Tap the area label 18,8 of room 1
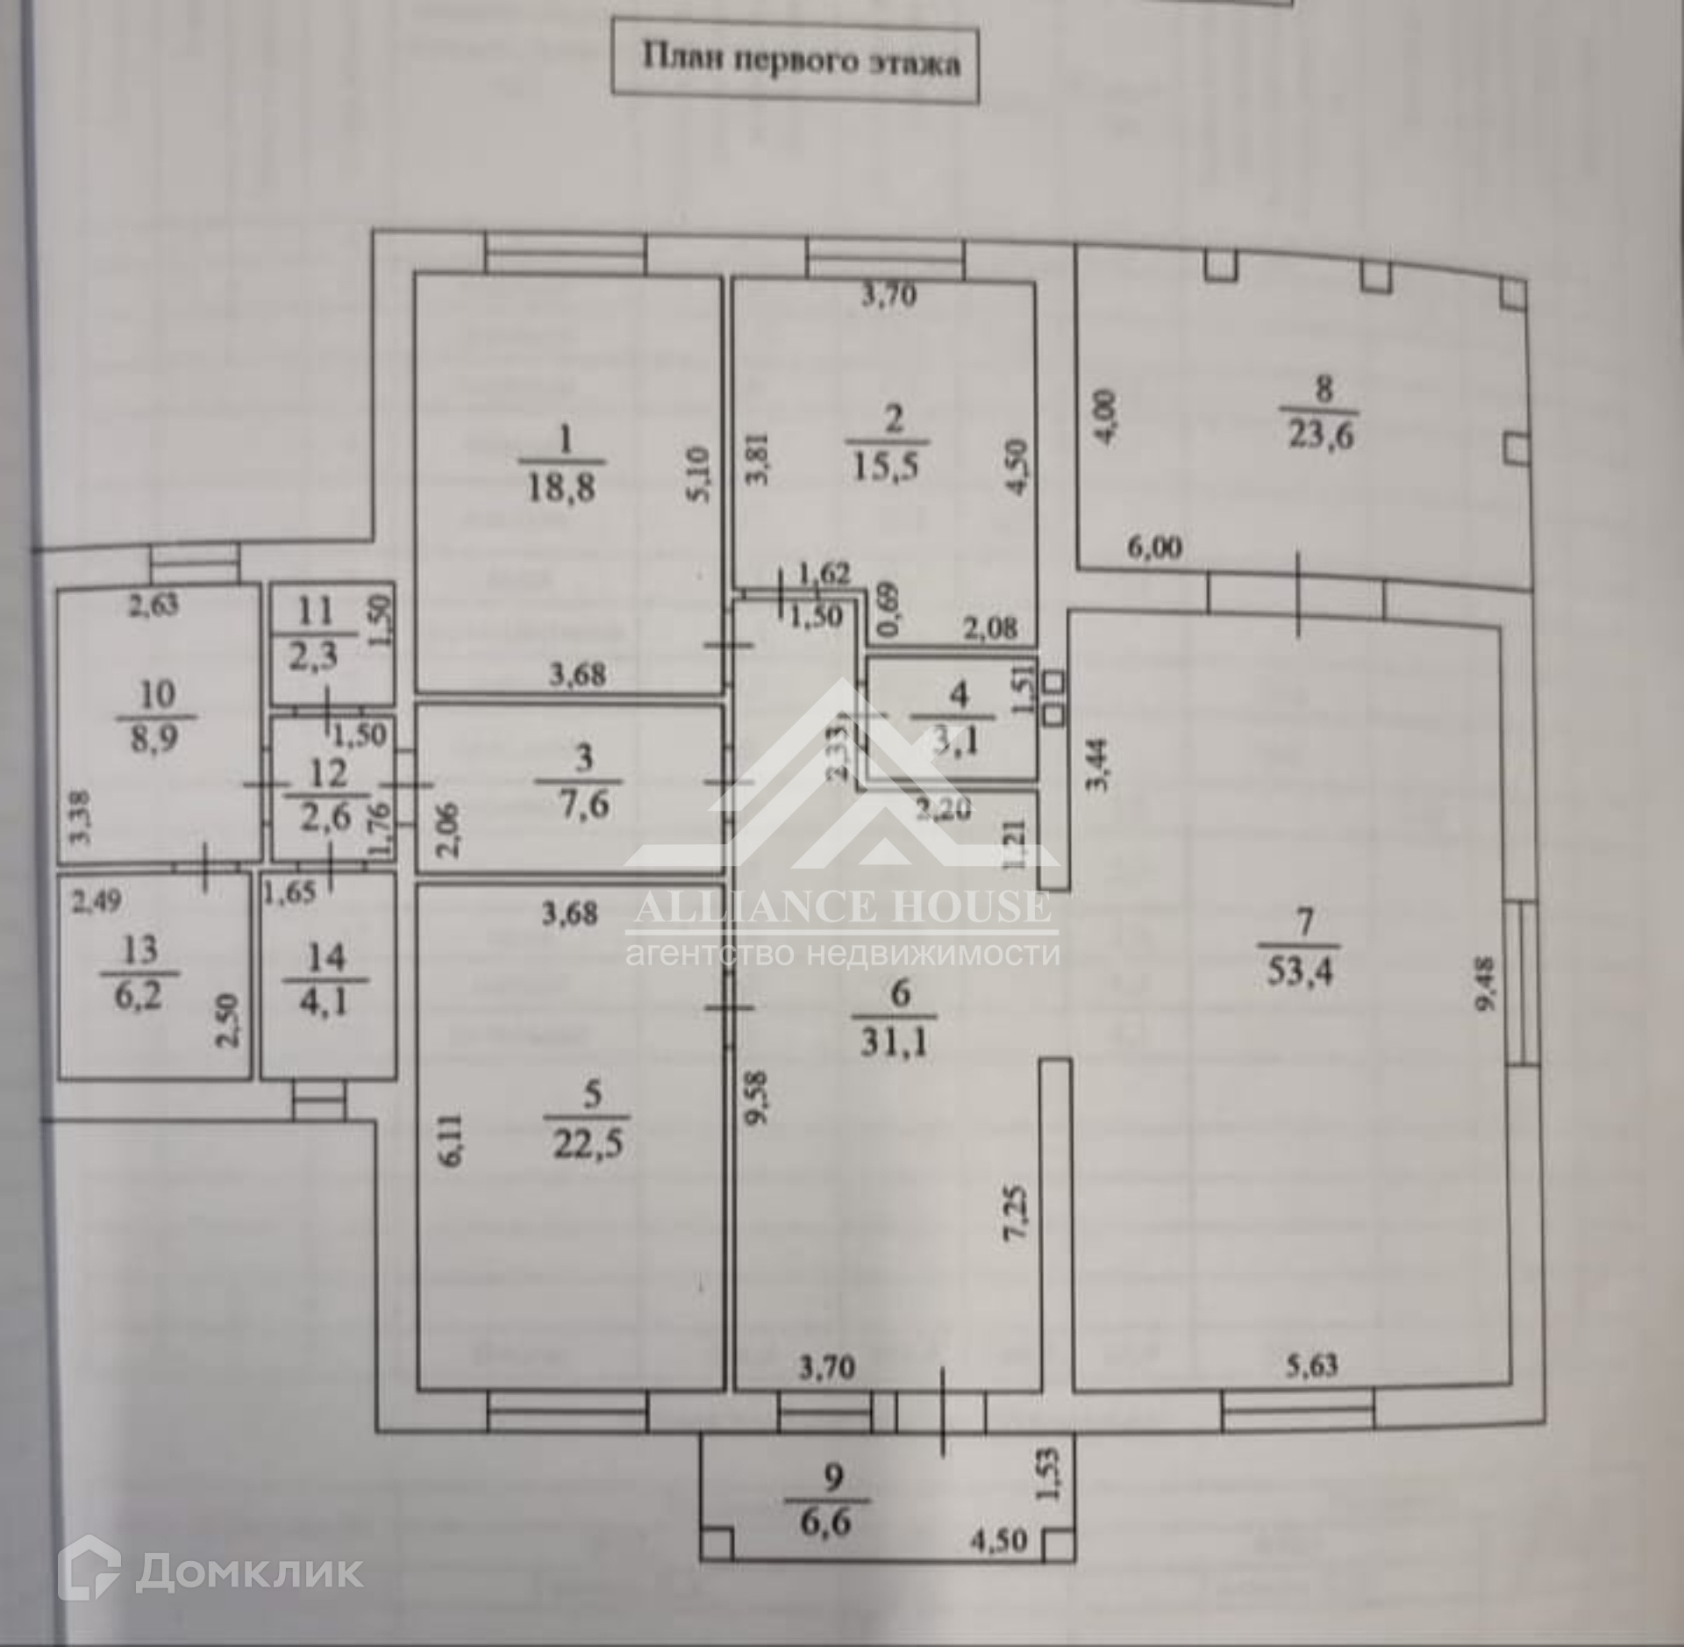tap(561, 487)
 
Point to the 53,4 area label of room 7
tap(1300, 971)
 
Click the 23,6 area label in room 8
tap(1320, 434)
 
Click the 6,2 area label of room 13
tap(139, 996)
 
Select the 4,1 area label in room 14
tap(325, 1001)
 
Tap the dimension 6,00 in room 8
tap(1154, 548)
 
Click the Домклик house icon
tap(89, 1572)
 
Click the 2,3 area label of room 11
tap(313, 655)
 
